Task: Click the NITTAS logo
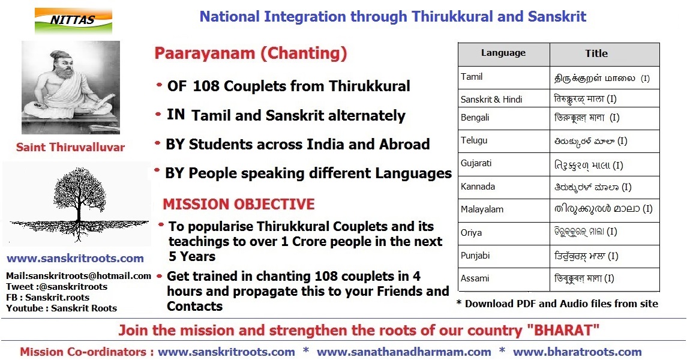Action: [73, 20]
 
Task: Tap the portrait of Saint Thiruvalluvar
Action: [71, 88]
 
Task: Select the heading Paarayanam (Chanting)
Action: [250, 53]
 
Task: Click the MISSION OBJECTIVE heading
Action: [239, 204]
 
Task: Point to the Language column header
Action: [503, 53]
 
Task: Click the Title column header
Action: [596, 53]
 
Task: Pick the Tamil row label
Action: [472, 77]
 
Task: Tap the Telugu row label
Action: [474, 140]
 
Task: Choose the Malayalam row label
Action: [482, 209]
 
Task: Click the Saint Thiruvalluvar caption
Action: [70, 147]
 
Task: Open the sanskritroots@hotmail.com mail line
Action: [79, 276]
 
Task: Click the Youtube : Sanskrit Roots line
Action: [62, 308]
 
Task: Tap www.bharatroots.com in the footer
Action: [577, 352]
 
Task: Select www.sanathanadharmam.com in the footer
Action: [404, 352]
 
